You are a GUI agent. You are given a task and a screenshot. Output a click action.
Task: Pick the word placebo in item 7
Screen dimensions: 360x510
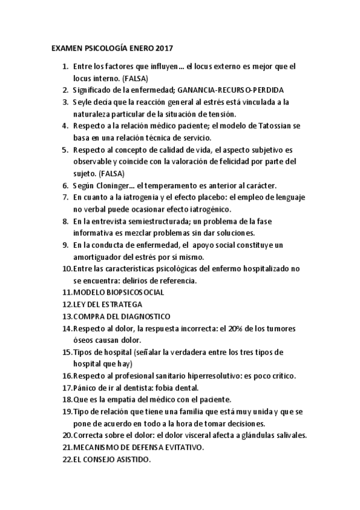click(185, 197)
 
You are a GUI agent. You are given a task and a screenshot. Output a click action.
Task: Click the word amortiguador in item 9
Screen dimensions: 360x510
click(97, 257)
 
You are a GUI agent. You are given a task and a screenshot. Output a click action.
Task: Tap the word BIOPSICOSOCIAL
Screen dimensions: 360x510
click(133, 292)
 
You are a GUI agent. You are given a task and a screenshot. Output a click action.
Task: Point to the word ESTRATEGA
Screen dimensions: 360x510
click(118, 304)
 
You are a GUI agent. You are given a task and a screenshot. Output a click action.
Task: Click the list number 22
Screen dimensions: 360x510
click(67, 459)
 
